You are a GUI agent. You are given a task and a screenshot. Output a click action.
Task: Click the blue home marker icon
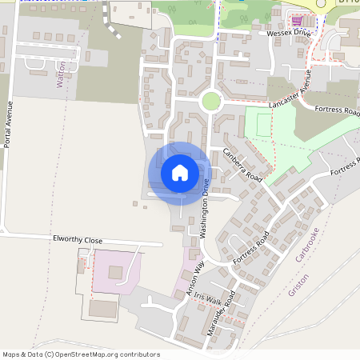point(180,173)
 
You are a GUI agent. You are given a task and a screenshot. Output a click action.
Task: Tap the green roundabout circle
point(210,101)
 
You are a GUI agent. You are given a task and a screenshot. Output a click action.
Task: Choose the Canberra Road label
point(242,164)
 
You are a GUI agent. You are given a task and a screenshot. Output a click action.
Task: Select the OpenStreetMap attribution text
point(81,354)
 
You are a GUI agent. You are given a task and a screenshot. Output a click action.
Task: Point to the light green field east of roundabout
point(276,132)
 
